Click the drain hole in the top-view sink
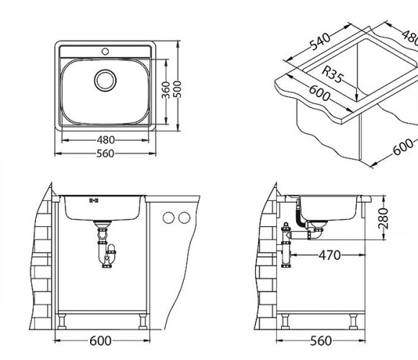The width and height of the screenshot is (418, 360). [105, 80]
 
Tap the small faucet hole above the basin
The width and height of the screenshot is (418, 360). [105, 51]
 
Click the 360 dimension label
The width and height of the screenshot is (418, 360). [166, 90]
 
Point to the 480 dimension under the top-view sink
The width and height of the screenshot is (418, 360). [105, 140]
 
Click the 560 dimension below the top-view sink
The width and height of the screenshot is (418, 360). [105, 153]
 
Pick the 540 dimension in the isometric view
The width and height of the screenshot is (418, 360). [321, 42]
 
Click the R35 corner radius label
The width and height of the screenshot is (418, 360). [332, 75]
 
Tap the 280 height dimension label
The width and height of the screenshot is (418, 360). [383, 219]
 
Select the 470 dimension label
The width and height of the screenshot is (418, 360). [330, 255]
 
